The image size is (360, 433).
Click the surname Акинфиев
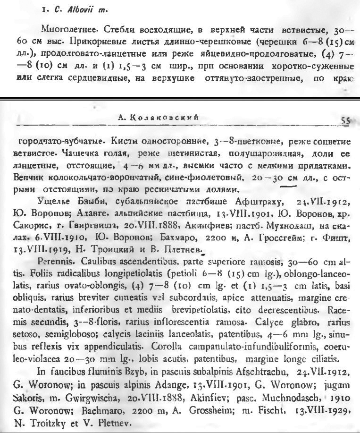coord(154,223)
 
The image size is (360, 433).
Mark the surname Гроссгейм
coord(271,234)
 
